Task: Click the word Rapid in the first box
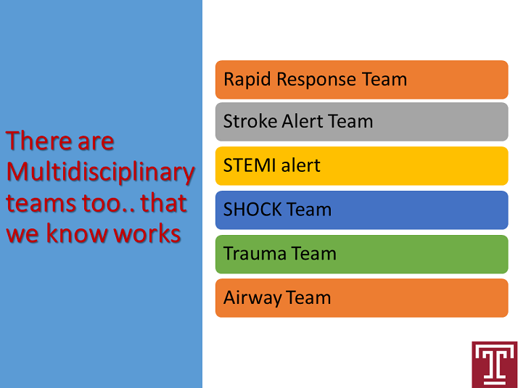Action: [x=247, y=80]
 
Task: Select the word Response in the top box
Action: [x=316, y=80]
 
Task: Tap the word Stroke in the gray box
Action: [x=250, y=121]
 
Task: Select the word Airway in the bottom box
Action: [x=252, y=298]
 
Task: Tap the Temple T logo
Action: [x=495, y=365]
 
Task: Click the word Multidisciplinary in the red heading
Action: [x=100, y=173]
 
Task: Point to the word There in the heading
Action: [x=39, y=141]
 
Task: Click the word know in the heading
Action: [x=76, y=233]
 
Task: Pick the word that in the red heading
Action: [x=164, y=202]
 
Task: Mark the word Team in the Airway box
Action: [x=308, y=297]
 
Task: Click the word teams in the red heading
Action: [x=41, y=203]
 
